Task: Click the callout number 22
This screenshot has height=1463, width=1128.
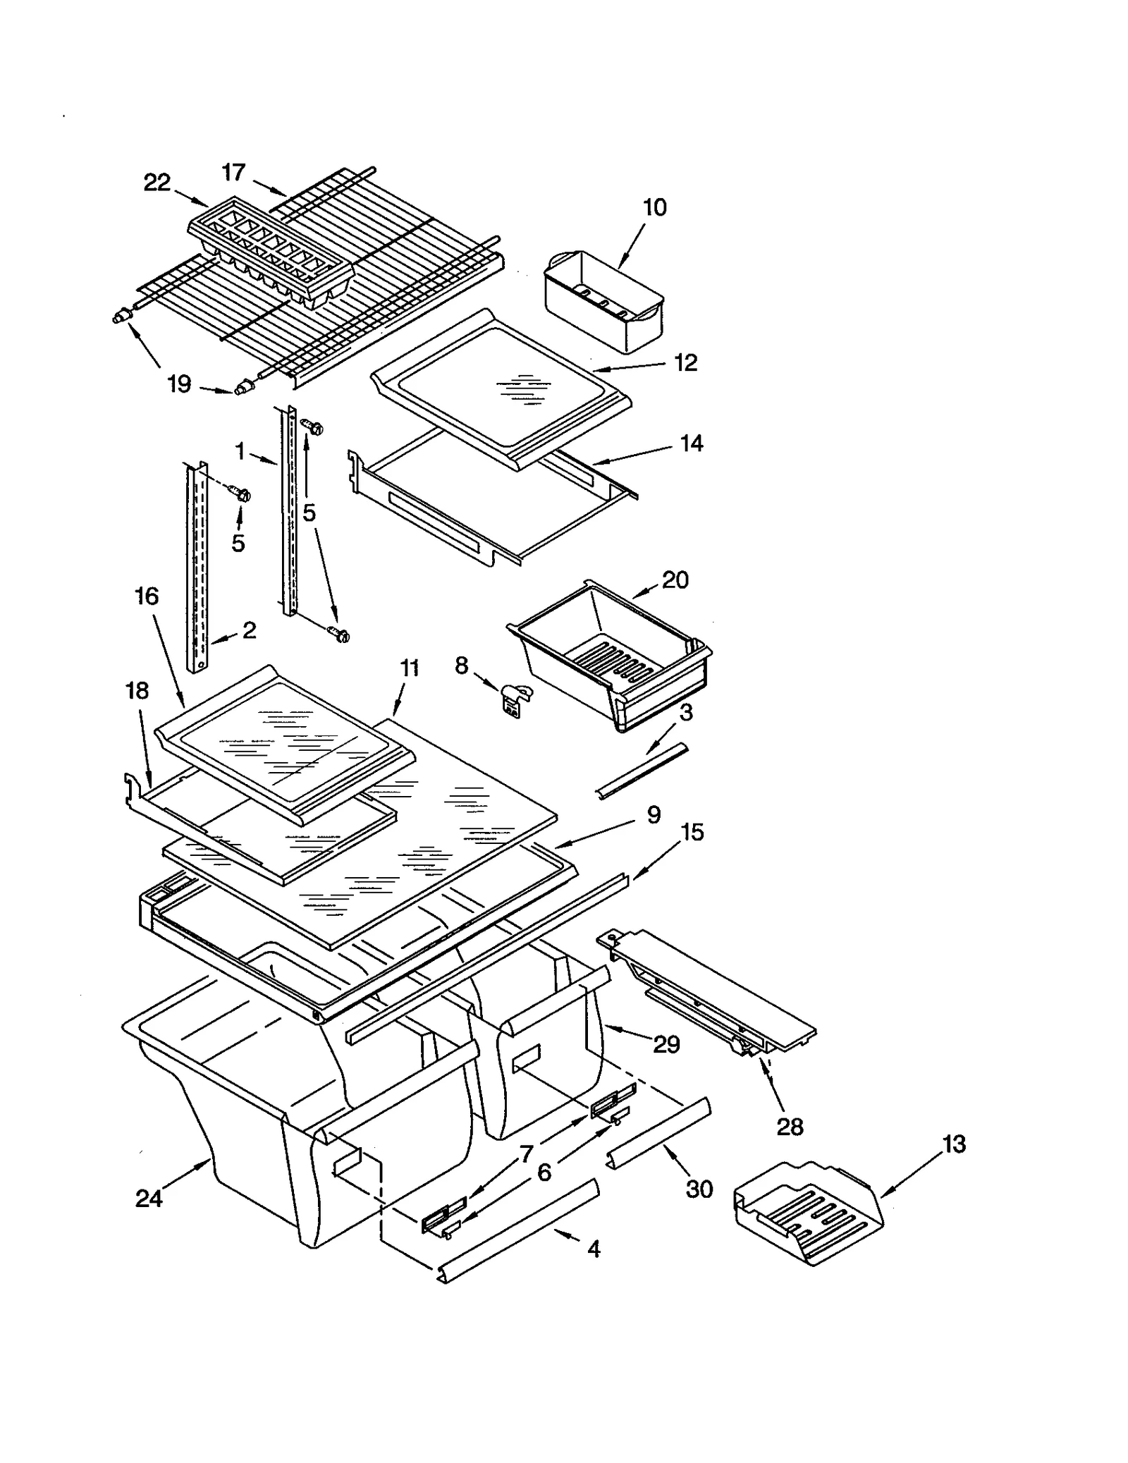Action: click(157, 183)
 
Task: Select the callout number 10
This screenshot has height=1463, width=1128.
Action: click(654, 207)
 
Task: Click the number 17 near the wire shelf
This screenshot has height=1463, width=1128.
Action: click(233, 172)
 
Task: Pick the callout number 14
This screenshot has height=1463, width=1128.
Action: click(692, 443)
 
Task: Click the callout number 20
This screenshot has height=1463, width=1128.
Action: click(675, 580)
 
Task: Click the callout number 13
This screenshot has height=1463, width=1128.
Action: click(953, 1144)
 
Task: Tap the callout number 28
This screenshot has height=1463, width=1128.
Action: click(790, 1126)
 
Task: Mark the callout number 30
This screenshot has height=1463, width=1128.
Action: click(699, 1189)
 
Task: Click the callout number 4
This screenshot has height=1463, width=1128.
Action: click(594, 1249)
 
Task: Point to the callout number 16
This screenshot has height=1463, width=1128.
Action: click(147, 596)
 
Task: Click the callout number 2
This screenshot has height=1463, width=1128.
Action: click(249, 630)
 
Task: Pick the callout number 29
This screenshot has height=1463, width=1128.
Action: click(666, 1043)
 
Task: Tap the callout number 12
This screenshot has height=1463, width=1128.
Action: click(685, 362)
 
